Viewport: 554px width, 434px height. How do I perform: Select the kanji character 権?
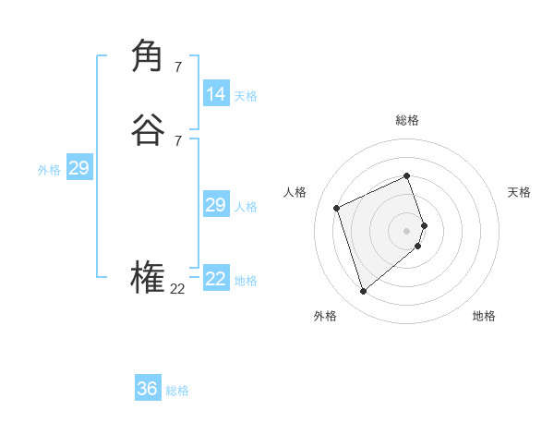[148, 278]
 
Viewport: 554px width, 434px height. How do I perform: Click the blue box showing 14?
[216, 94]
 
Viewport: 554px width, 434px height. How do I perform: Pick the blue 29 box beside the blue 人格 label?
[215, 205]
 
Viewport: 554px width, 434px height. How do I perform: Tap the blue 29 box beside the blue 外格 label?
[78, 168]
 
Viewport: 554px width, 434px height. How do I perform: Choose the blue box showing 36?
[148, 389]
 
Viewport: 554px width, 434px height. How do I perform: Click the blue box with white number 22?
[216, 279]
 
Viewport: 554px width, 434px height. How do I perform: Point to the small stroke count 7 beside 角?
[177, 66]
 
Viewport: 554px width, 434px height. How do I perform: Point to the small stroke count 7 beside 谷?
[177, 140]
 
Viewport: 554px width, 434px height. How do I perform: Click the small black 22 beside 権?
[178, 289]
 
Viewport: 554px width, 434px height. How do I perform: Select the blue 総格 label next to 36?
[177, 391]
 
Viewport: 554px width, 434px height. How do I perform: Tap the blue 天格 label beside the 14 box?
[246, 96]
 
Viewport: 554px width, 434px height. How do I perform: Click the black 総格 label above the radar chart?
[406, 120]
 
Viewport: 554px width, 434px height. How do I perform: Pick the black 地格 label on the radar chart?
[484, 316]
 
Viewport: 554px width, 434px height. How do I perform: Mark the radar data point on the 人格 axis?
[337, 208]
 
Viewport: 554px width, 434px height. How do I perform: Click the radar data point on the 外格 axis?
[363, 292]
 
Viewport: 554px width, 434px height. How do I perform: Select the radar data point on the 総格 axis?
[406, 175]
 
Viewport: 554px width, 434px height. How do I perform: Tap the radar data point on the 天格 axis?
[424, 224]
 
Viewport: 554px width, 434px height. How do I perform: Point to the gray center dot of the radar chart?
[406, 230]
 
